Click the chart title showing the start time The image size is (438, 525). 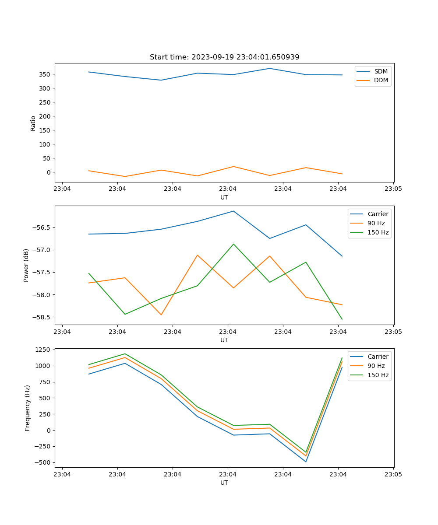[x=224, y=57]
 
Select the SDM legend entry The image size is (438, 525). [x=381, y=71]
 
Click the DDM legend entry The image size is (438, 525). [x=381, y=80]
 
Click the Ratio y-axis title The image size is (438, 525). [x=33, y=123]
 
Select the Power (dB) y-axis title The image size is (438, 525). [x=26, y=265]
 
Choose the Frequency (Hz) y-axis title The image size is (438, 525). [x=28, y=408]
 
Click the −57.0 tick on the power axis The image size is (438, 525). [x=42, y=250]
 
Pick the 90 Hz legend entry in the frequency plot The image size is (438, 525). [x=376, y=366]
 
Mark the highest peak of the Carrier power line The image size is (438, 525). [x=233, y=211]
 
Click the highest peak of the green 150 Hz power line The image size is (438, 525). [x=233, y=244]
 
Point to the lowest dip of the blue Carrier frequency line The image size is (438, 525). [x=306, y=462]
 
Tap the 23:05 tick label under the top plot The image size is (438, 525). [x=393, y=189]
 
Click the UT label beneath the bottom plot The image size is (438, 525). [x=224, y=483]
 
